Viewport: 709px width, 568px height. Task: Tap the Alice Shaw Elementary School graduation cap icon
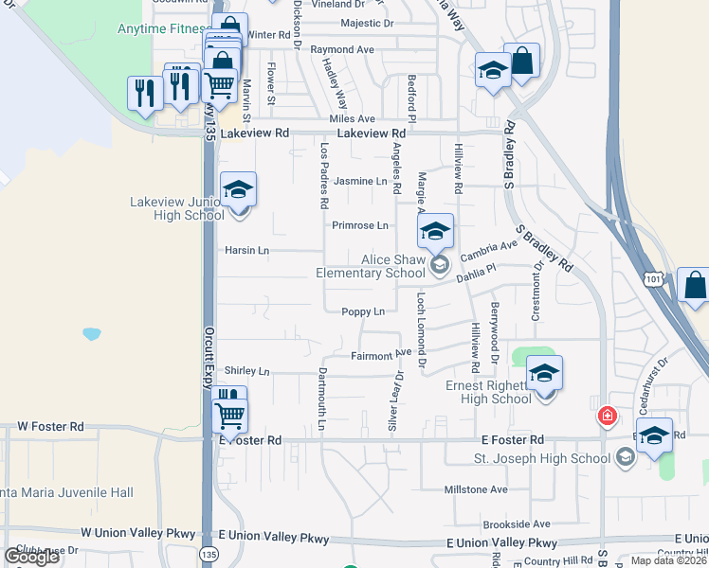(436, 232)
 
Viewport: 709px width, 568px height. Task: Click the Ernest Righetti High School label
(489, 392)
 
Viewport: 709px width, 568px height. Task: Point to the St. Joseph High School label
(542, 459)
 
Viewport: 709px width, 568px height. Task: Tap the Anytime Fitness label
(160, 29)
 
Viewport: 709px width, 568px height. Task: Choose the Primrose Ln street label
(360, 225)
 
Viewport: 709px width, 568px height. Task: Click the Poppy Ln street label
(363, 311)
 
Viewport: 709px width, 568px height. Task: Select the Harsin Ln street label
(246, 251)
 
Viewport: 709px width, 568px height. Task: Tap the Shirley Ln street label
(246, 370)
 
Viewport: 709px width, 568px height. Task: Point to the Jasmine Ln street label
(361, 181)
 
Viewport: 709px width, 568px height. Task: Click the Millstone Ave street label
(476, 489)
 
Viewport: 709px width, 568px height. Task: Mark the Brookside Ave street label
(516, 524)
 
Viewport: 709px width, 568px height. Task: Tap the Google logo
(31, 557)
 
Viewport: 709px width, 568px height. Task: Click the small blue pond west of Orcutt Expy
(92, 334)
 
